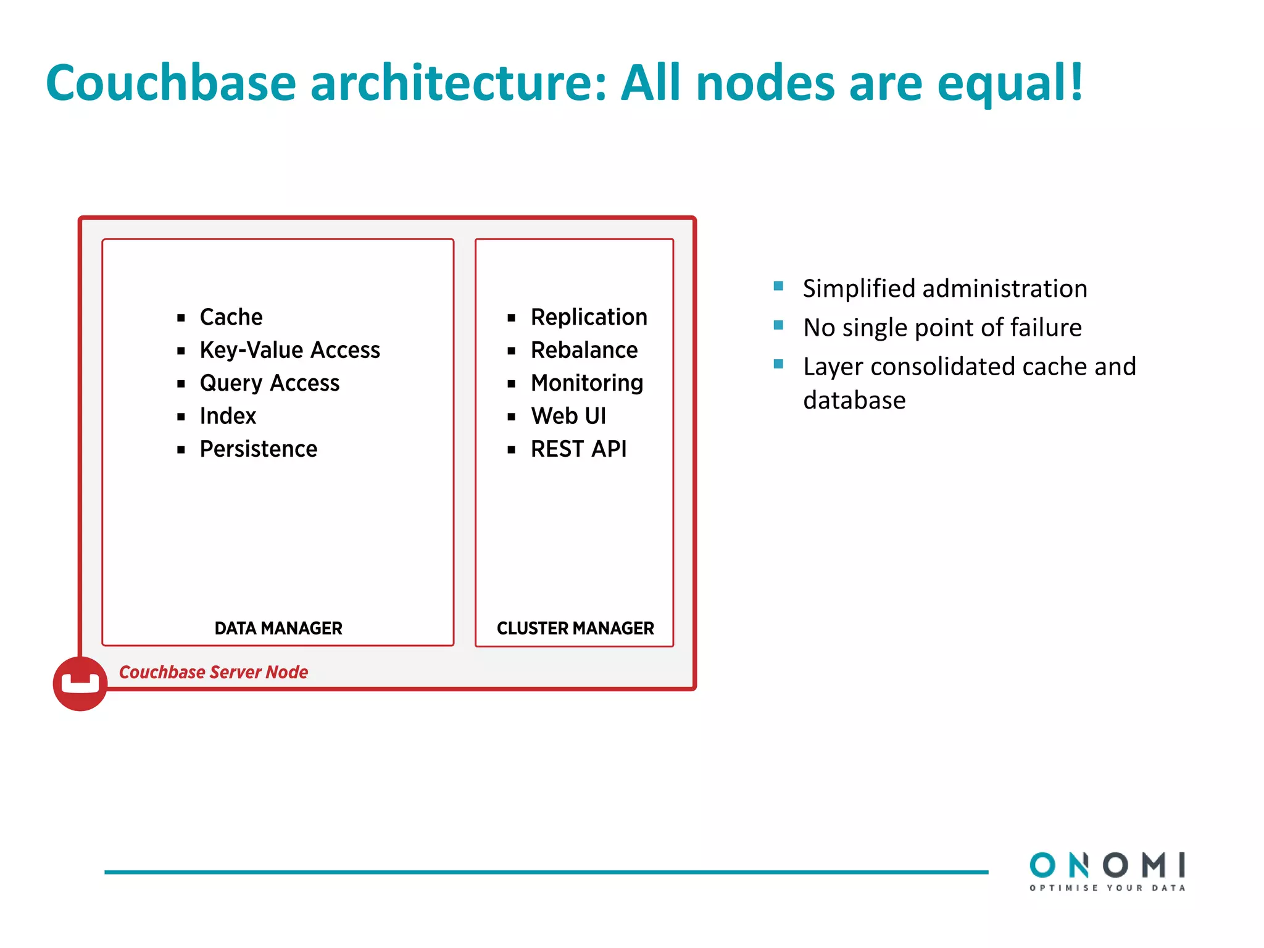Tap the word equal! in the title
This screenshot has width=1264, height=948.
[1010, 83]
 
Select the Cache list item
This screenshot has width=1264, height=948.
[231, 317]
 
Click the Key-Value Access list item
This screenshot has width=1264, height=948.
[289, 350]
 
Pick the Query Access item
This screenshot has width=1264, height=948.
[269, 383]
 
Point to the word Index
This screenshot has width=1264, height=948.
[228, 416]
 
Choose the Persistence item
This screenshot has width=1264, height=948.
[258, 449]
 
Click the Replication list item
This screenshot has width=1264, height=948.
[589, 317]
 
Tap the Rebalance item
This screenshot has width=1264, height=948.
[584, 350]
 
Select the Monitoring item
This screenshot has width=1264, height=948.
[586, 383]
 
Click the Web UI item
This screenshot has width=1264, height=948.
[568, 416]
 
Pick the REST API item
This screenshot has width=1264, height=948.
[578, 449]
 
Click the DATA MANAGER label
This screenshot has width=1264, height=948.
[278, 628]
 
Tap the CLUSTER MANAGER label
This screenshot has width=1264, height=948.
[575, 628]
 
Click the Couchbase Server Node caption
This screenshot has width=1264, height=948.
[214, 672]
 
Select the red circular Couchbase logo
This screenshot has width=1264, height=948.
[80, 684]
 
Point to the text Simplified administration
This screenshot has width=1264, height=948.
[944, 289]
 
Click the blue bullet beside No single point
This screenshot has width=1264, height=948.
[779, 325]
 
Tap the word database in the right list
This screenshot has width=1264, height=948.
[854, 401]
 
